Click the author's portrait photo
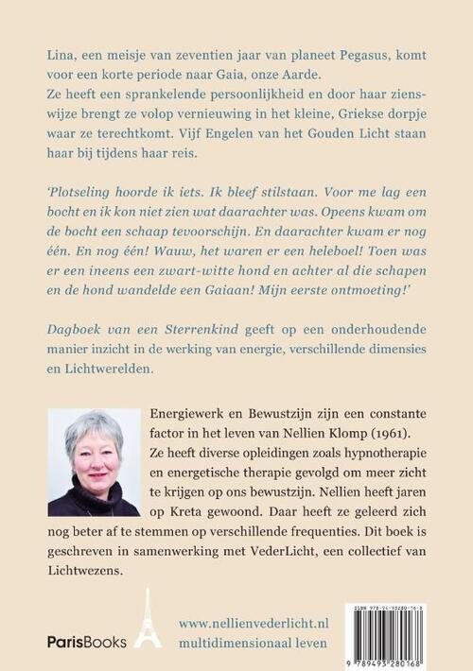pos(93,462)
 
